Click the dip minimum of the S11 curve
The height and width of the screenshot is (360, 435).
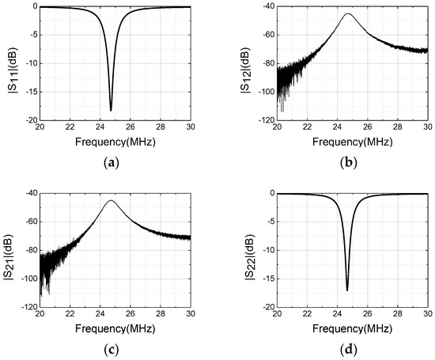[111, 110]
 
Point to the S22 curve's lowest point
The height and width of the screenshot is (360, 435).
[347, 290]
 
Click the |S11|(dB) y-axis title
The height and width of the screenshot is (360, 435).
[9, 63]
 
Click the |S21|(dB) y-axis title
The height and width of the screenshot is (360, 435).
[9, 250]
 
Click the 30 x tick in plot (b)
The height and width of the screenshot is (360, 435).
[427, 130]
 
